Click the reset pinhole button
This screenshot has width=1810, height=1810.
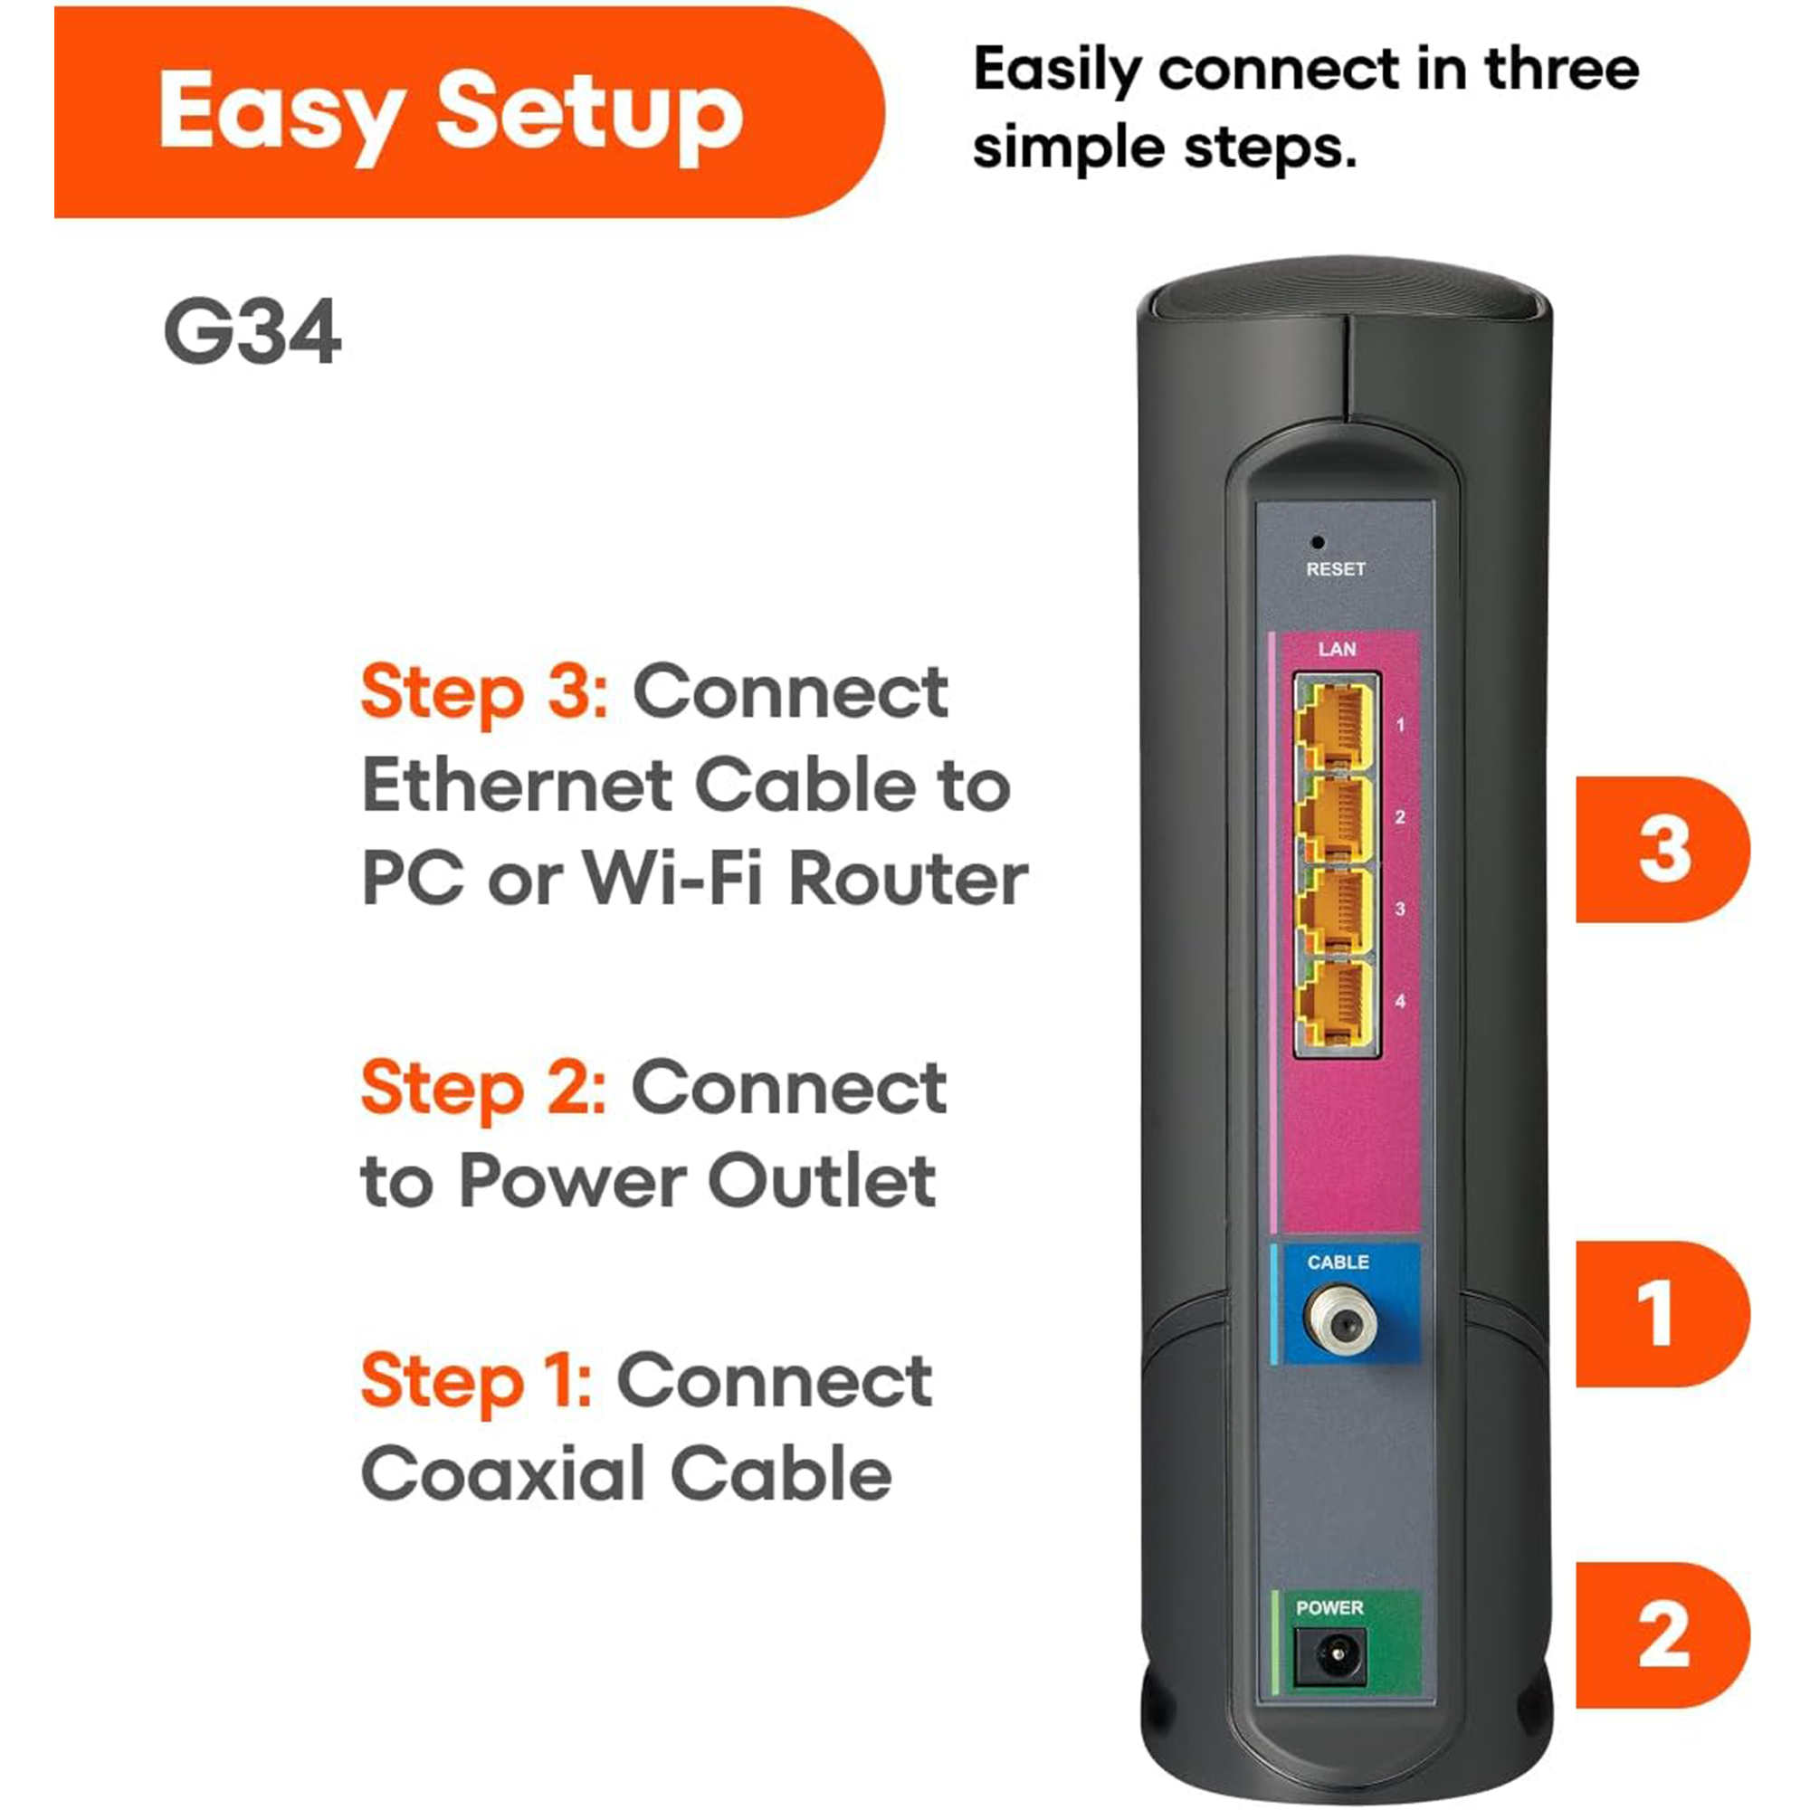coord(1317,541)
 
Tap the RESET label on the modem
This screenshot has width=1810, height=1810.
coord(1336,568)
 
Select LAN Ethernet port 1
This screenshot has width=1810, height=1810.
coord(1335,724)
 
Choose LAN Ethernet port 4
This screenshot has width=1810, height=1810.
coord(1335,1002)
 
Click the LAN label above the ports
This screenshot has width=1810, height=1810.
coord(1337,649)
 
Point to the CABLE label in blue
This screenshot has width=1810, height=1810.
coord(1338,1262)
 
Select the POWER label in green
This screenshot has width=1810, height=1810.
coord(1329,1607)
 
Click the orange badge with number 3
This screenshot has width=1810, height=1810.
coord(1662,849)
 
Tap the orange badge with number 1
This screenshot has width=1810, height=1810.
coord(1662,1313)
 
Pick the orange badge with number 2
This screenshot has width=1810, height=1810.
coord(1662,1634)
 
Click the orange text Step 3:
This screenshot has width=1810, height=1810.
coord(484,693)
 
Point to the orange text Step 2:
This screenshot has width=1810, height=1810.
coord(483,1089)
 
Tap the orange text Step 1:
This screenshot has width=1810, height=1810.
coord(476,1381)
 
